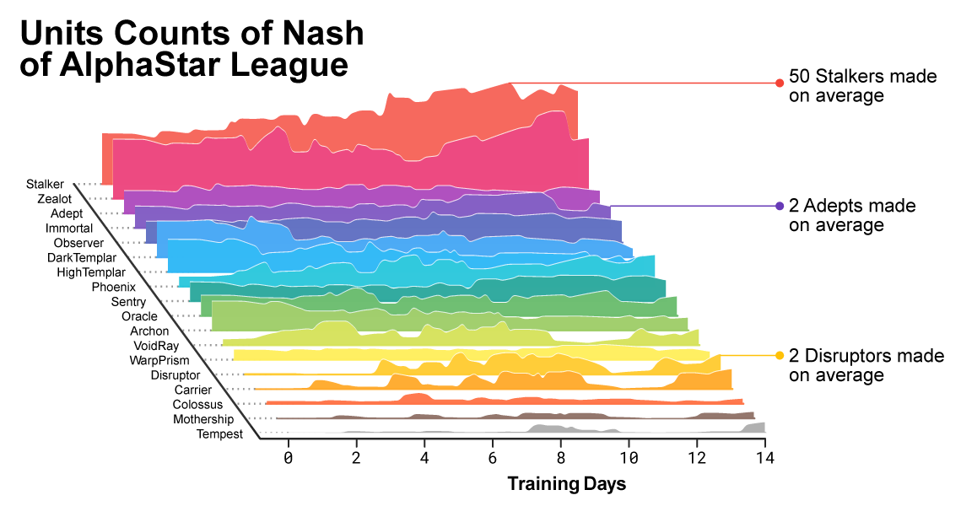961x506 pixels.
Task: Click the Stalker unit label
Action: (44, 183)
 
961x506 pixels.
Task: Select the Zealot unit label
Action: (54, 199)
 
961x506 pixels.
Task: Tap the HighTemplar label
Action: (91, 272)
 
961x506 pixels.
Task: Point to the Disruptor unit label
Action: (175, 374)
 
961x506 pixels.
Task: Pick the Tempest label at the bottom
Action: (219, 434)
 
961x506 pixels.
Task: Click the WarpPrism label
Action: (159, 360)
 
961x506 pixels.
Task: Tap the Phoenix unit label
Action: (113, 287)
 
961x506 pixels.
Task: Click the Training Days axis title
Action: (566, 484)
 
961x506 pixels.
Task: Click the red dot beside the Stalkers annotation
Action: (780, 83)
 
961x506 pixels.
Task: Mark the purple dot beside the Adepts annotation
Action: (780, 206)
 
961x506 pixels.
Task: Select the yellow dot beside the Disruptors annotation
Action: (780, 355)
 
